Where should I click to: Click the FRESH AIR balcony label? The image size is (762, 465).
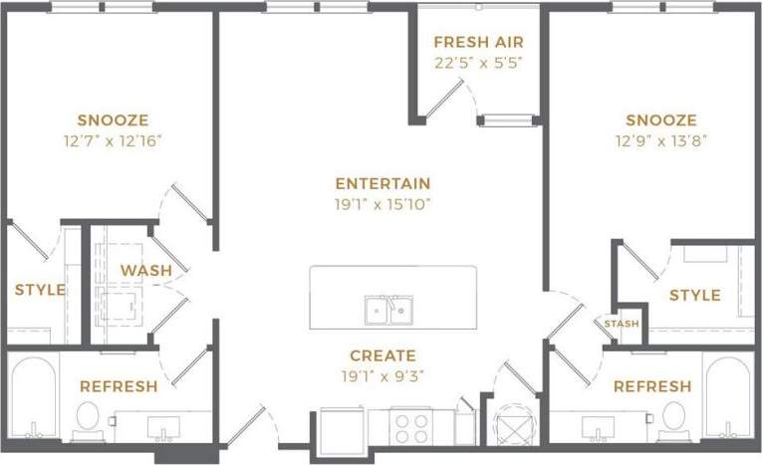coord(478,43)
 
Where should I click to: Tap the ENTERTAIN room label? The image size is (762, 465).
coord(382,183)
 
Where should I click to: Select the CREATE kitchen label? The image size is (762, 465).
coord(382,355)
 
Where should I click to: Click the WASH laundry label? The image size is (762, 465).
coord(146,271)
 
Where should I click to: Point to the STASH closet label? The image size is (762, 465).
coord(622,324)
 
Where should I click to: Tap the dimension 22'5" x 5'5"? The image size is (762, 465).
coord(478,62)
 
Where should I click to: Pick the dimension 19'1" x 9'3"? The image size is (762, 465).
coord(382,375)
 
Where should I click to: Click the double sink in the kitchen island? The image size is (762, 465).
coord(387,310)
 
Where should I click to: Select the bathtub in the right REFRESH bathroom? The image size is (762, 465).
coord(726,398)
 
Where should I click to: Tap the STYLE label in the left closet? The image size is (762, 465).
coord(40,291)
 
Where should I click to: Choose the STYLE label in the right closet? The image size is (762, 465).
coord(694,296)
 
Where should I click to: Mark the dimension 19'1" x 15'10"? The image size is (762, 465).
coord(382,204)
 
